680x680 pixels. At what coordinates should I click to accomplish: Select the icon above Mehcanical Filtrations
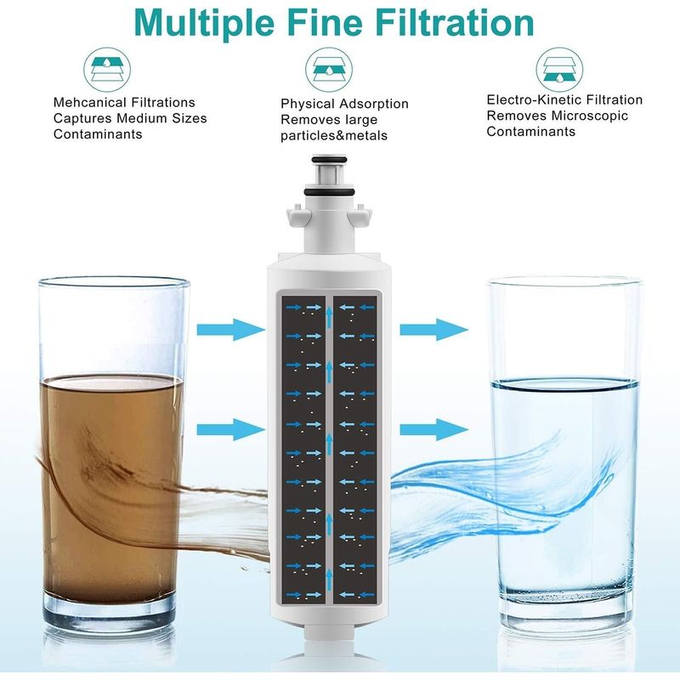[107, 70]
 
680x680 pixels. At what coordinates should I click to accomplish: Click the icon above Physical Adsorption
[329, 70]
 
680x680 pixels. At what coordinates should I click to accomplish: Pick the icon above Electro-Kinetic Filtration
[559, 70]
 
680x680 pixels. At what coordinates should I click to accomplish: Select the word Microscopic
[590, 116]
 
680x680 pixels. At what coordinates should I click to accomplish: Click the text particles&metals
[334, 136]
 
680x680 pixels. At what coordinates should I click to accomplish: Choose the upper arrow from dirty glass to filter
[230, 330]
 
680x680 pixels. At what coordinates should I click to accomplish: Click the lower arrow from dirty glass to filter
[230, 430]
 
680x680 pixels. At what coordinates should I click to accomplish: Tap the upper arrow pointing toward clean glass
[434, 330]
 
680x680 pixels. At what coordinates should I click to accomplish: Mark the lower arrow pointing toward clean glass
[434, 430]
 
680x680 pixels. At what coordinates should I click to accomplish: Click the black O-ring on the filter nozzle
[330, 192]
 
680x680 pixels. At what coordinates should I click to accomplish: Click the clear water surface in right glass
[564, 384]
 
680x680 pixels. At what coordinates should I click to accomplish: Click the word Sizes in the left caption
[189, 118]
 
